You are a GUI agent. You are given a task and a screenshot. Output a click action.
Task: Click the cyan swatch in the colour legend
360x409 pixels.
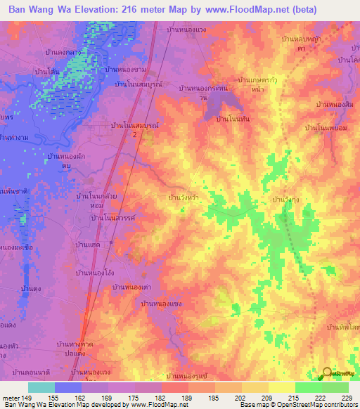(x=41, y=387)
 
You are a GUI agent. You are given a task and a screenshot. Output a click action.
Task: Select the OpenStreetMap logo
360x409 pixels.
(x=337, y=374)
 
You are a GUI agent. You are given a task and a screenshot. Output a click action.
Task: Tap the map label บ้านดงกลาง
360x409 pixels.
(x=77, y=52)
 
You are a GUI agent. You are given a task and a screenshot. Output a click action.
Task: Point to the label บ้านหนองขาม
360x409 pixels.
(x=126, y=70)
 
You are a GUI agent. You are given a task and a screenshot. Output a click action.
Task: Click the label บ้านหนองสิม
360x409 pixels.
(x=333, y=104)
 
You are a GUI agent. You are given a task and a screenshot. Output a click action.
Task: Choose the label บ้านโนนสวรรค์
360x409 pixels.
(x=112, y=219)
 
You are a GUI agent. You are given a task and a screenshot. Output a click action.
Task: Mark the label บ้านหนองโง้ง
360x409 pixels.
(x=95, y=271)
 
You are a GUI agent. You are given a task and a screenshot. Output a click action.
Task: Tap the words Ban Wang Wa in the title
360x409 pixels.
(x=40, y=9)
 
